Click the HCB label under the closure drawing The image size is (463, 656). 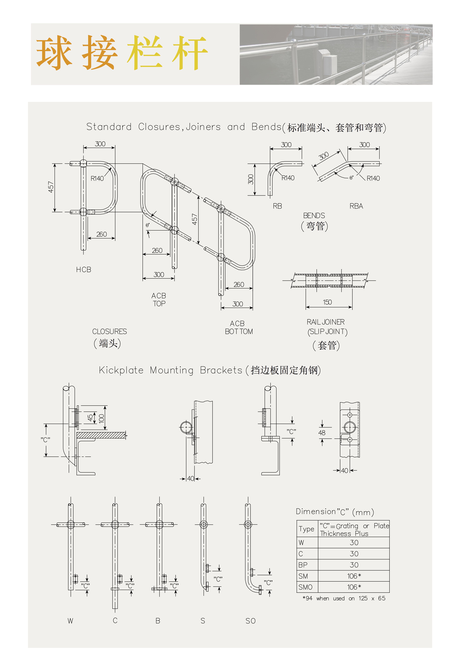click(84, 270)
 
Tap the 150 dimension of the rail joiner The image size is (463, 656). click(327, 302)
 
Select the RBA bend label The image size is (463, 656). click(356, 206)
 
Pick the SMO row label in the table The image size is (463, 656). click(305, 587)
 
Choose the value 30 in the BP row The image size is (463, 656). click(354, 565)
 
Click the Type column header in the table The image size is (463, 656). click(307, 529)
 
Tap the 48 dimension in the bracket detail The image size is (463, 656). click(322, 433)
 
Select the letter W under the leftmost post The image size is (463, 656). click(70, 621)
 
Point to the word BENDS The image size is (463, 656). click(314, 216)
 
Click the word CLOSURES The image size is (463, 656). click(110, 331)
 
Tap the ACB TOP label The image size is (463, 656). click(159, 300)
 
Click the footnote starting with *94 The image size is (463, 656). click(344, 598)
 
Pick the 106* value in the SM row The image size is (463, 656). click(354, 576)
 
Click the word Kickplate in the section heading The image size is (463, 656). click(121, 370)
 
